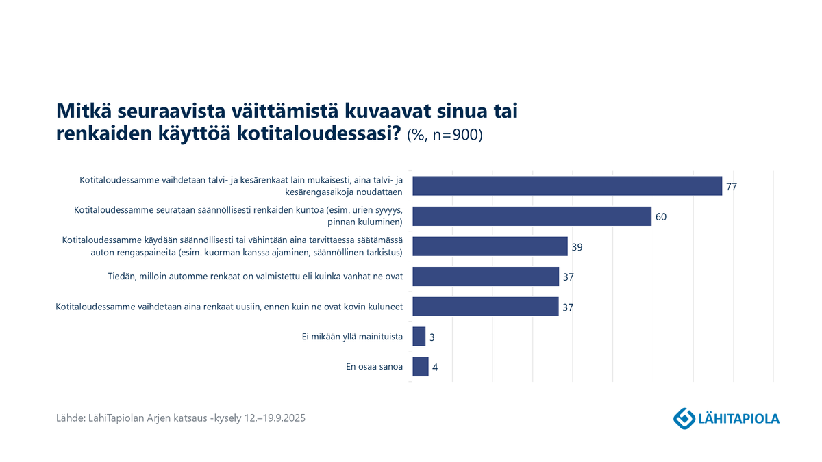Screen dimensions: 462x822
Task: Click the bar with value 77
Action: point(566,186)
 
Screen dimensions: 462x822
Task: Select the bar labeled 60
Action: point(531,216)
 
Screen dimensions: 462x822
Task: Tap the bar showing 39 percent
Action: point(489,246)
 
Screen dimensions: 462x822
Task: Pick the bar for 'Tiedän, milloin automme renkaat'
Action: point(485,277)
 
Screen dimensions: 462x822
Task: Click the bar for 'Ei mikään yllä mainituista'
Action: point(419,337)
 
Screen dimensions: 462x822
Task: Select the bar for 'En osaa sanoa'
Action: point(420,367)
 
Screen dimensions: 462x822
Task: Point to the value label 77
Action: point(731,187)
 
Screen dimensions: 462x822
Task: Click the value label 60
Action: point(660,217)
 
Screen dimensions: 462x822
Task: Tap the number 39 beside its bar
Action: point(577,247)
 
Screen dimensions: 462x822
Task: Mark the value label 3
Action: point(432,337)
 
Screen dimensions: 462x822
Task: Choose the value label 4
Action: point(435,368)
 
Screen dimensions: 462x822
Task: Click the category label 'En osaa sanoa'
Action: point(374,367)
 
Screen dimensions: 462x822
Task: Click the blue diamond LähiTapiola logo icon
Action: point(683,417)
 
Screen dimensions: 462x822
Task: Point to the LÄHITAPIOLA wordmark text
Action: point(738,418)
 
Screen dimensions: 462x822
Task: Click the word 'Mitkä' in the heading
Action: point(81,111)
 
